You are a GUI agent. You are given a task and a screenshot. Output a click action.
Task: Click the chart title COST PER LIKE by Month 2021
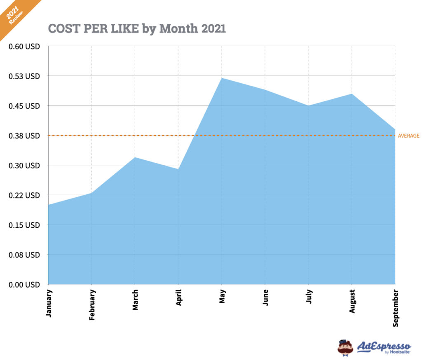point(137,28)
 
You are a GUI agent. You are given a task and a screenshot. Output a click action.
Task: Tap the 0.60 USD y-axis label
point(24,47)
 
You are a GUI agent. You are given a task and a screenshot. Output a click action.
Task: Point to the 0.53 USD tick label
point(24,76)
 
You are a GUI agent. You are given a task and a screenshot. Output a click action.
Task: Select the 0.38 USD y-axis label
point(24,136)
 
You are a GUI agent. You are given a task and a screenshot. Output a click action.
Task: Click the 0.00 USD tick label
point(24,284)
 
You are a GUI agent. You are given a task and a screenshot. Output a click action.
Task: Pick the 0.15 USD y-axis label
point(24,225)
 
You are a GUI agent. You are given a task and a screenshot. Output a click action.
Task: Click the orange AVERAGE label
point(408,136)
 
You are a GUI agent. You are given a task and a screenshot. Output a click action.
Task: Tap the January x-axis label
point(49,303)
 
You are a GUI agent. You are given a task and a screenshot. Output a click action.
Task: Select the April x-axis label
point(178,297)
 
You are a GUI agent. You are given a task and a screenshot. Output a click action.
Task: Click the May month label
point(222,296)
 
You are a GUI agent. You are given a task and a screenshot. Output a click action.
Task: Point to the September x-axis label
point(395,308)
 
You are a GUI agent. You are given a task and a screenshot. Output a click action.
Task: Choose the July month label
point(308,296)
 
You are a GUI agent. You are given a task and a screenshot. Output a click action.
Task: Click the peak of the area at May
point(222,78)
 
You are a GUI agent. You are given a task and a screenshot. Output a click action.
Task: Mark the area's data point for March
point(135,157)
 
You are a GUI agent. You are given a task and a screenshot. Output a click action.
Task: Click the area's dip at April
point(178,169)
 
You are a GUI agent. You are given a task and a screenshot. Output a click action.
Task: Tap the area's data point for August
point(352,94)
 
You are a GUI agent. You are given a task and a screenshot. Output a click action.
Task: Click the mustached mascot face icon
point(345,348)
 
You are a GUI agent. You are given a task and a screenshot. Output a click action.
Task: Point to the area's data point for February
point(91,193)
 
